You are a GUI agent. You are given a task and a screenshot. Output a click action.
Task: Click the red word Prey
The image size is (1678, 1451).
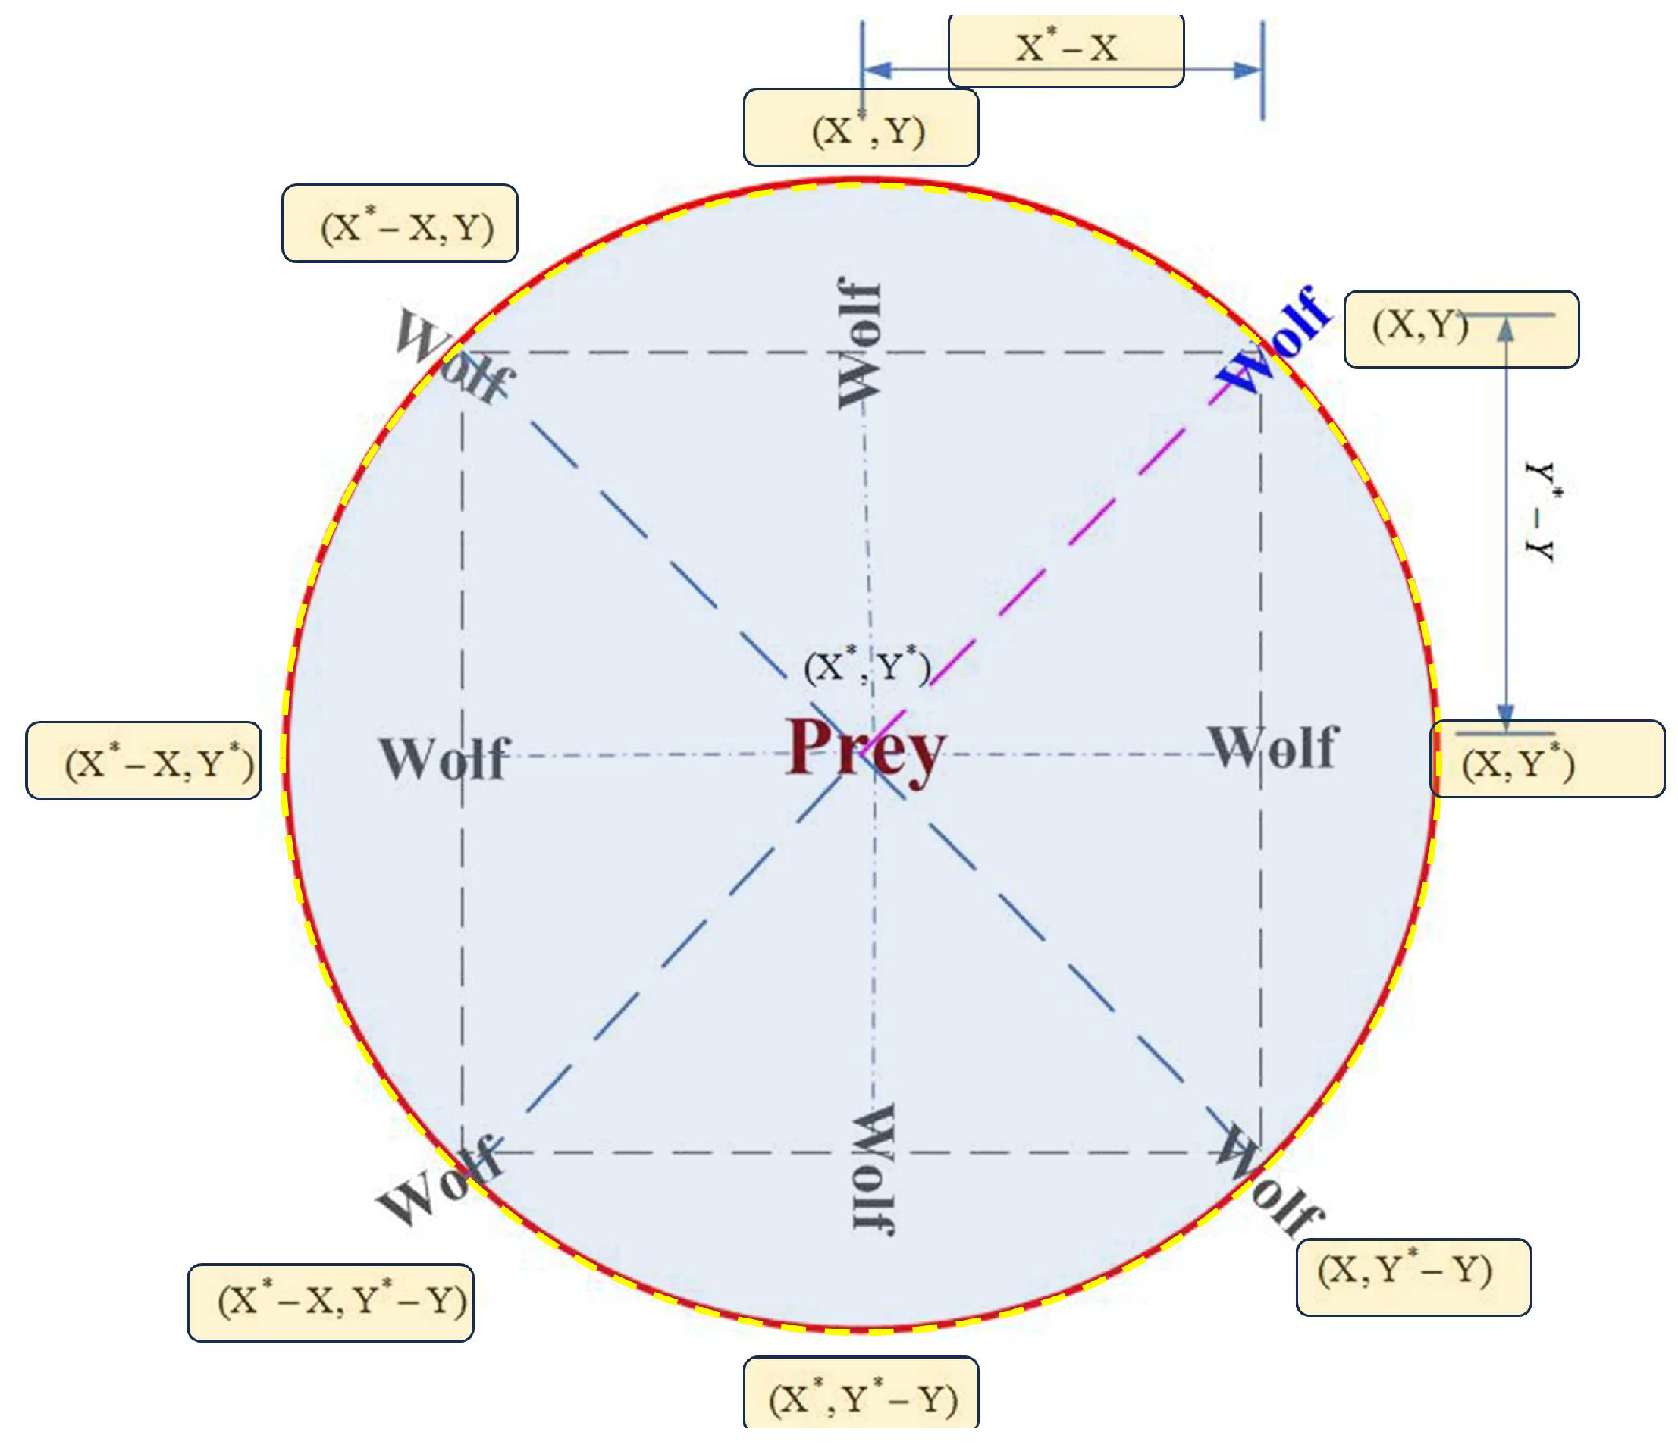click(865, 749)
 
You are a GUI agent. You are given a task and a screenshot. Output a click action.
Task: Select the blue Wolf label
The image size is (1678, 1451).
click(1273, 340)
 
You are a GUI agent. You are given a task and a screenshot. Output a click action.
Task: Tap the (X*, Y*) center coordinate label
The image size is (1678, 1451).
click(867, 666)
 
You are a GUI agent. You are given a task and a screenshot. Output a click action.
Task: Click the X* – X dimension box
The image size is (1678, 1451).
click(1066, 49)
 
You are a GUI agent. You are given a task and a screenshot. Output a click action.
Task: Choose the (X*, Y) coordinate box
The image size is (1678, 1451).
click(861, 128)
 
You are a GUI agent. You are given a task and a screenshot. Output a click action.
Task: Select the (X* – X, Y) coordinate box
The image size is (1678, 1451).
click(400, 224)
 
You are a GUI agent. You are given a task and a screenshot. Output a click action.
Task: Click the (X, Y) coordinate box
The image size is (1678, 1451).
click(1460, 330)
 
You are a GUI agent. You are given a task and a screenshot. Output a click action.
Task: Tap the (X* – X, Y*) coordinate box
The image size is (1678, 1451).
click(143, 760)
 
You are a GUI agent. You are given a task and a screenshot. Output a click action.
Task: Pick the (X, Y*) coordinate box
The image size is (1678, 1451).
click(1547, 760)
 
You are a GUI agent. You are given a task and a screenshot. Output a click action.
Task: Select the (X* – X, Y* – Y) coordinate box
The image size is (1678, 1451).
click(331, 1302)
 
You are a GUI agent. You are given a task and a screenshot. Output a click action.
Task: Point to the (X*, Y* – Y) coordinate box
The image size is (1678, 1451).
click(861, 1399)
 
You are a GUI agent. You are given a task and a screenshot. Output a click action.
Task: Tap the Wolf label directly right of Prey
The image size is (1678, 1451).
click(1273, 747)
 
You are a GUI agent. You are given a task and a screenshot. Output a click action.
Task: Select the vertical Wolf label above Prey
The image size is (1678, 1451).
click(858, 343)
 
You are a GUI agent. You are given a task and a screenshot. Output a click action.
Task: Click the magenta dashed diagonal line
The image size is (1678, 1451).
click(1069, 543)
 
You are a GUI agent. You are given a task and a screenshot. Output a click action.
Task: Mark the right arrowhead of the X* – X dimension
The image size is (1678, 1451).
click(1247, 70)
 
